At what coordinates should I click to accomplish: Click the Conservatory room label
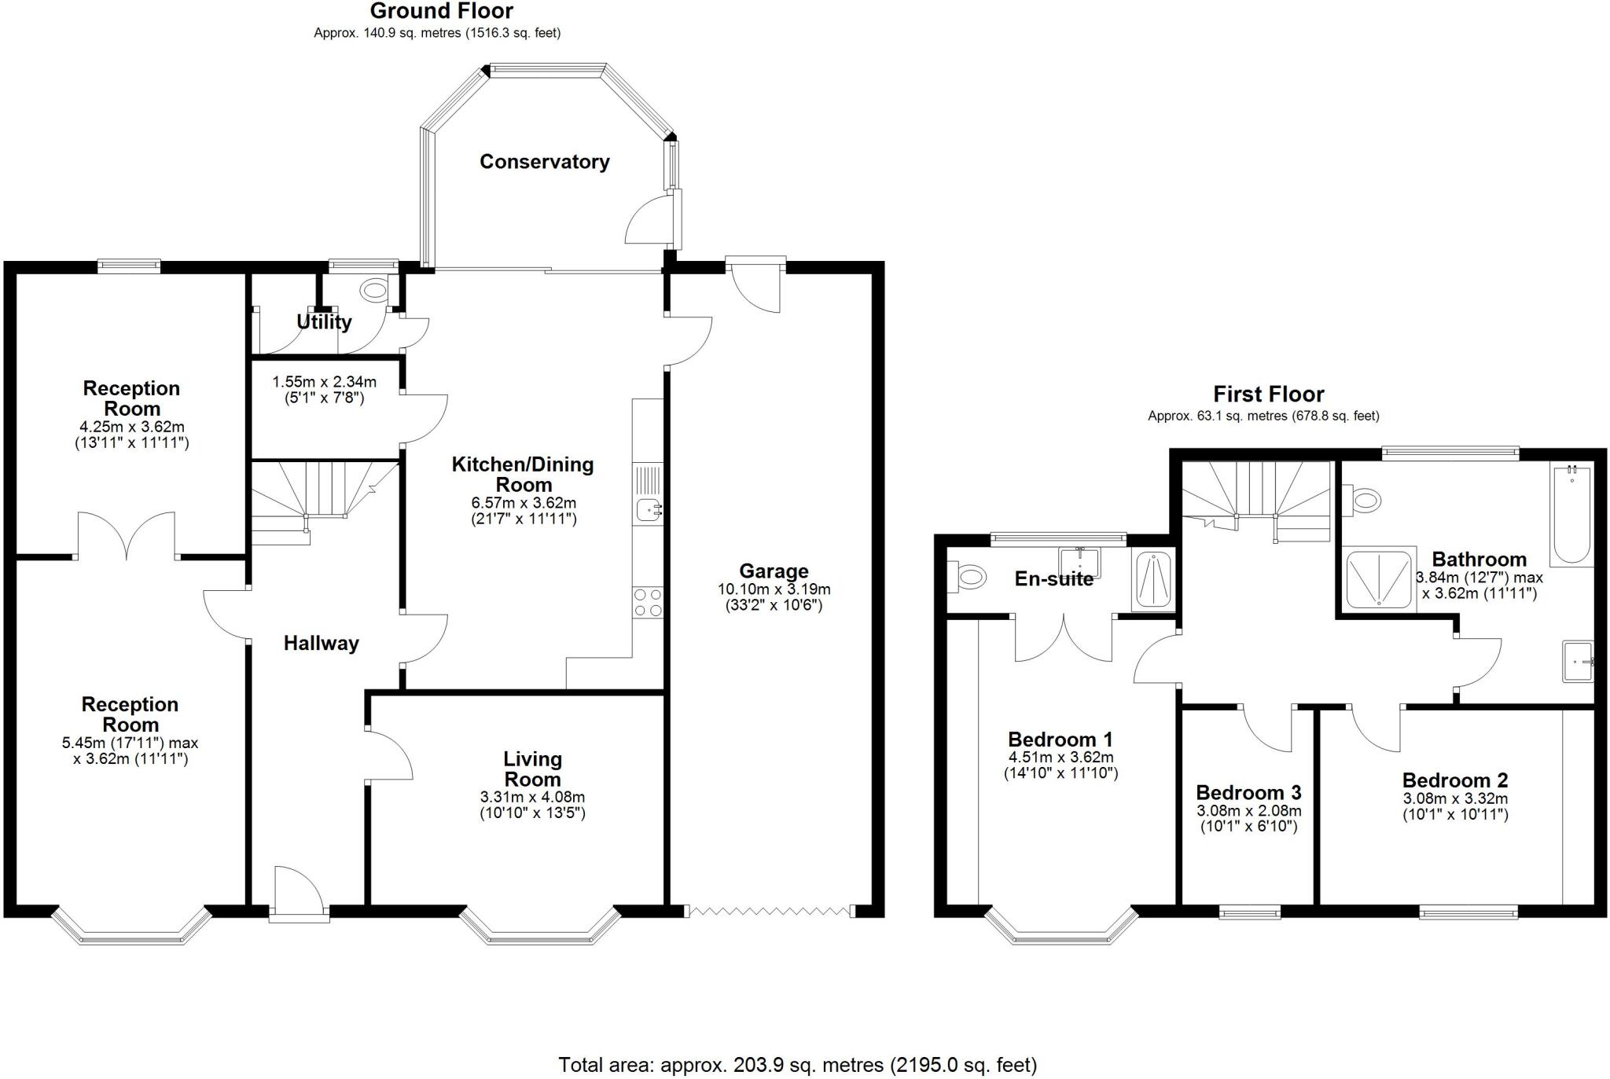tap(544, 162)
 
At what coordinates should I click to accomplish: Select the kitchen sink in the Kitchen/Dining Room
tap(648, 510)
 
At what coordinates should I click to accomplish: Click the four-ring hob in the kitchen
tap(648, 603)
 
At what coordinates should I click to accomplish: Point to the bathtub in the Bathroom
tap(1571, 515)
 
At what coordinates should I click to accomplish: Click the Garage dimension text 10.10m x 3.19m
tap(774, 589)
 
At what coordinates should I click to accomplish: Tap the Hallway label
tap(321, 644)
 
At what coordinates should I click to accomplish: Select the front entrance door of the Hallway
tap(299, 892)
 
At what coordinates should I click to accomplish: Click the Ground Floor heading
tap(441, 11)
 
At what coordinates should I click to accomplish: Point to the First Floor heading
tap(1268, 394)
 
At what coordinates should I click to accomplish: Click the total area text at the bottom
tap(797, 1065)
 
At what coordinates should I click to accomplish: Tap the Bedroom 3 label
tap(1248, 792)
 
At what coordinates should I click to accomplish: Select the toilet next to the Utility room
tap(375, 291)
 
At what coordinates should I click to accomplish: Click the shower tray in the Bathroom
tap(1379, 578)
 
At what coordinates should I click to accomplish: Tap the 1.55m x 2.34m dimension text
tap(324, 383)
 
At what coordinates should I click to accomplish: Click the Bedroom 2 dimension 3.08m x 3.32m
tap(1455, 799)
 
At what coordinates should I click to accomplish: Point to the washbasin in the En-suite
tap(1079, 562)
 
